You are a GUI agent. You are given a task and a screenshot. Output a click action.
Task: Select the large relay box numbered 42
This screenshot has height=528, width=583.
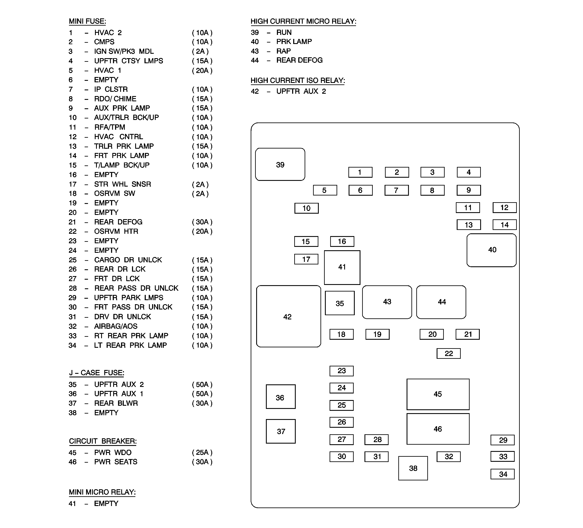pyautogui.click(x=288, y=316)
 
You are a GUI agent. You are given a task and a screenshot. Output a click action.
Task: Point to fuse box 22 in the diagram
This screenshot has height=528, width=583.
pyautogui.click(x=448, y=353)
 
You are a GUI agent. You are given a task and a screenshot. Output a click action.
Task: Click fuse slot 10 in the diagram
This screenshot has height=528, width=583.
pyautogui.click(x=307, y=208)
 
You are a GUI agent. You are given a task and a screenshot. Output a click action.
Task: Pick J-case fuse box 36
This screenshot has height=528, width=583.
pyautogui.click(x=280, y=397)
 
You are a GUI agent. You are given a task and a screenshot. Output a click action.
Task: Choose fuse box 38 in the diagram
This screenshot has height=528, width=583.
pyautogui.click(x=413, y=468)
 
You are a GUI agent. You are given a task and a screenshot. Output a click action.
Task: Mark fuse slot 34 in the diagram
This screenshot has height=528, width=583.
pyautogui.click(x=503, y=474)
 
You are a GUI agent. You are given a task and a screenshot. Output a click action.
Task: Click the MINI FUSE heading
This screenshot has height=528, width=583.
pyautogui.click(x=87, y=21)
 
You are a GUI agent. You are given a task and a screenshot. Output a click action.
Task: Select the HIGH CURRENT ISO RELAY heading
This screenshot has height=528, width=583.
pyautogui.click(x=298, y=80)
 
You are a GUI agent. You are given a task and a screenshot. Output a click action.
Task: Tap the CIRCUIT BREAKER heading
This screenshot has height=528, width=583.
pyautogui.click(x=103, y=441)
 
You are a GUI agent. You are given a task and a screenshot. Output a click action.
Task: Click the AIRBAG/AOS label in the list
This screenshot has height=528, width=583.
pyautogui.click(x=116, y=326)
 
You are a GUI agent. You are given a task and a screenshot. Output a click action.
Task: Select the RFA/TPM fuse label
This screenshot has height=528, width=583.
pyautogui.click(x=110, y=127)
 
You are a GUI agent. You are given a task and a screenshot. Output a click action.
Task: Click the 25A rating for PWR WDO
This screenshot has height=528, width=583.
pyautogui.click(x=202, y=452)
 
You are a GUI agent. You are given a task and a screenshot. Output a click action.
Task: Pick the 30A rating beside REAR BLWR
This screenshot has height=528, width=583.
pyautogui.click(x=202, y=403)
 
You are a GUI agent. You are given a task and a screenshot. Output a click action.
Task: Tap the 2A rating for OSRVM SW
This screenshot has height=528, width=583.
pyautogui.click(x=200, y=193)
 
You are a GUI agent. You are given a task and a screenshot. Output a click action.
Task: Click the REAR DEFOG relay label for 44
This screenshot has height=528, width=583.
pyautogui.click(x=299, y=60)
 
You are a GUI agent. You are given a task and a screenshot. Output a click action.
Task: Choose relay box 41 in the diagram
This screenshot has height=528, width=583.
pyautogui.click(x=342, y=267)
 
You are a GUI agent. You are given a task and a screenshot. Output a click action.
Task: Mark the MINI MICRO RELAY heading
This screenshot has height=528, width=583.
pyautogui.click(x=102, y=492)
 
